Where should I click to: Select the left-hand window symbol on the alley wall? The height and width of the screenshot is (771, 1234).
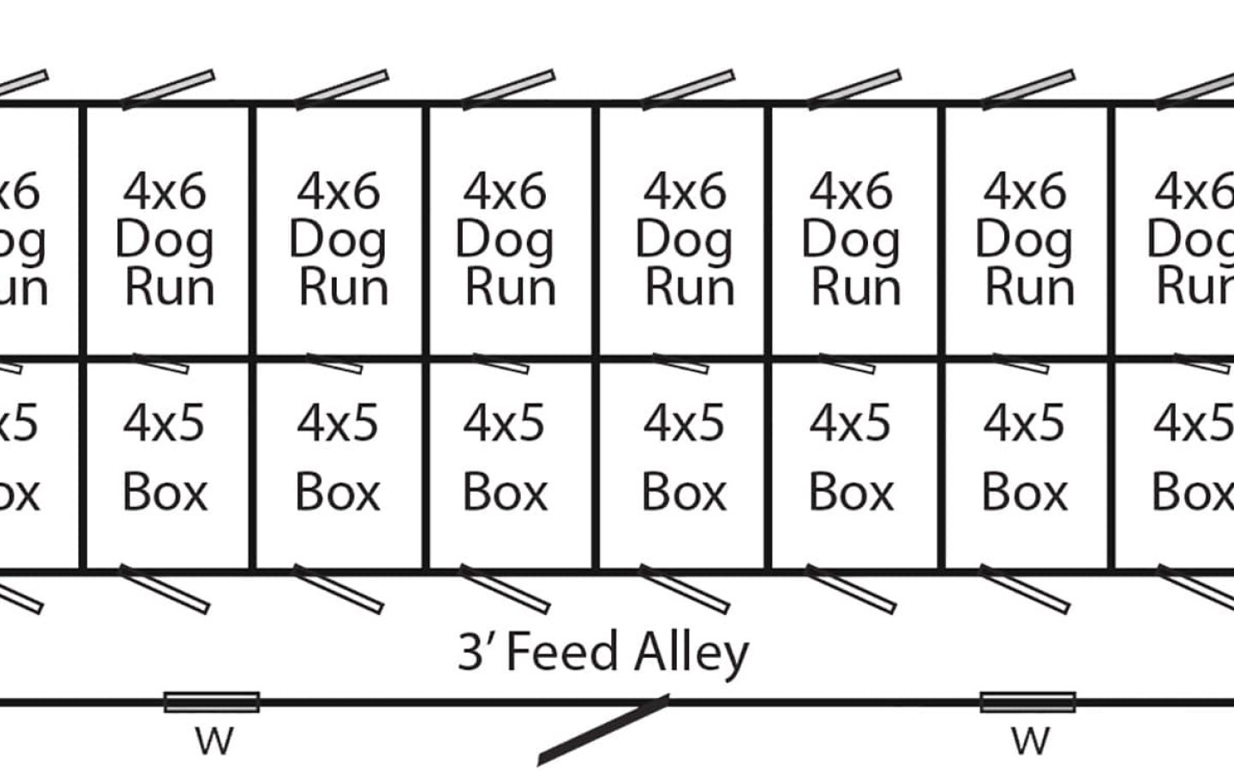click(212, 702)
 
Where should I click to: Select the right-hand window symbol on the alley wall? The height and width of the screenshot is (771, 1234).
click(1027, 702)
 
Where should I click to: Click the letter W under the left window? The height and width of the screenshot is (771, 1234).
click(213, 741)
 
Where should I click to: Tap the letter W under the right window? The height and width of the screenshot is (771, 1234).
click(1029, 741)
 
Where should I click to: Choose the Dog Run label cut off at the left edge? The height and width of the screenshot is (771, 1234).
click(22, 240)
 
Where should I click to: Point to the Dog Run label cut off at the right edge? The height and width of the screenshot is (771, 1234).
click(1195, 240)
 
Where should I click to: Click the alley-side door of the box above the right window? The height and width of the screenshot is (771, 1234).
click(1024, 589)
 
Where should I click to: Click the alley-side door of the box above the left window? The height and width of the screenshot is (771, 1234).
click(164, 589)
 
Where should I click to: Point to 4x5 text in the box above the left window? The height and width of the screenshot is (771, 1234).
click(164, 422)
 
